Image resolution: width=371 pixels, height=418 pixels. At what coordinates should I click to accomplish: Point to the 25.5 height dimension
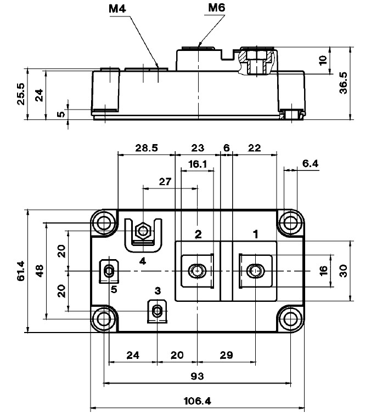pyautogui.click(x=21, y=94)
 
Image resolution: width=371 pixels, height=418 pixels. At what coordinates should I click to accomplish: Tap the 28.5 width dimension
pyautogui.click(x=147, y=148)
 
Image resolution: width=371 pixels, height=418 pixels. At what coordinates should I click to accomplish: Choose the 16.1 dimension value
pyautogui.click(x=197, y=164)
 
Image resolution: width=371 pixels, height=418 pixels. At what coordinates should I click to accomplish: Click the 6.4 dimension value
pyautogui.click(x=310, y=163)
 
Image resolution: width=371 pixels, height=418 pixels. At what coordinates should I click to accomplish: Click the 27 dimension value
pyautogui.click(x=165, y=181)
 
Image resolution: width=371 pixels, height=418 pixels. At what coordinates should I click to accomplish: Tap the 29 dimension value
pyautogui.click(x=225, y=355)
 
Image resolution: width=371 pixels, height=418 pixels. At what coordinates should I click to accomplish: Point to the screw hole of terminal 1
pyautogui.click(x=255, y=271)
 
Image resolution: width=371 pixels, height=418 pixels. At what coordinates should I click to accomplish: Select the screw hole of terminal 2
pyautogui.click(x=196, y=271)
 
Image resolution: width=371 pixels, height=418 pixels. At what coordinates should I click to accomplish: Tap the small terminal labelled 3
pyautogui.click(x=158, y=311)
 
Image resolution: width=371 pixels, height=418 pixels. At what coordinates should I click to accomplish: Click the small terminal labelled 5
pyautogui.click(x=109, y=271)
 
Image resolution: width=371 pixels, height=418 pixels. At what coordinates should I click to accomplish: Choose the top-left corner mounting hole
pyautogui.click(x=103, y=222)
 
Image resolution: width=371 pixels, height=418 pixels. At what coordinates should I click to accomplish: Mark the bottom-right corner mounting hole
pyautogui.click(x=290, y=318)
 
